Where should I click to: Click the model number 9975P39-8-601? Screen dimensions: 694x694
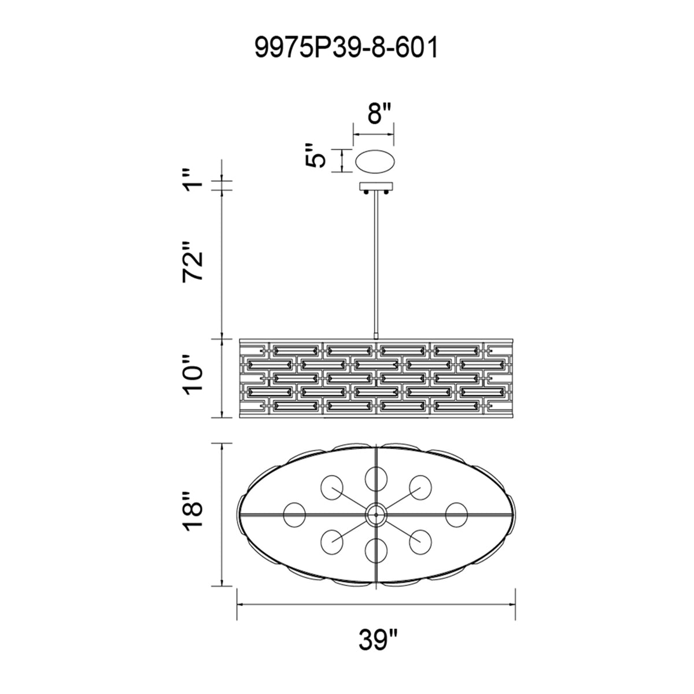[x=346, y=49]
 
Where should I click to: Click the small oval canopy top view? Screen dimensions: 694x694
[x=375, y=161]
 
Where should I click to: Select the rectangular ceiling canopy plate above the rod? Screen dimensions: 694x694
[x=376, y=187]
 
